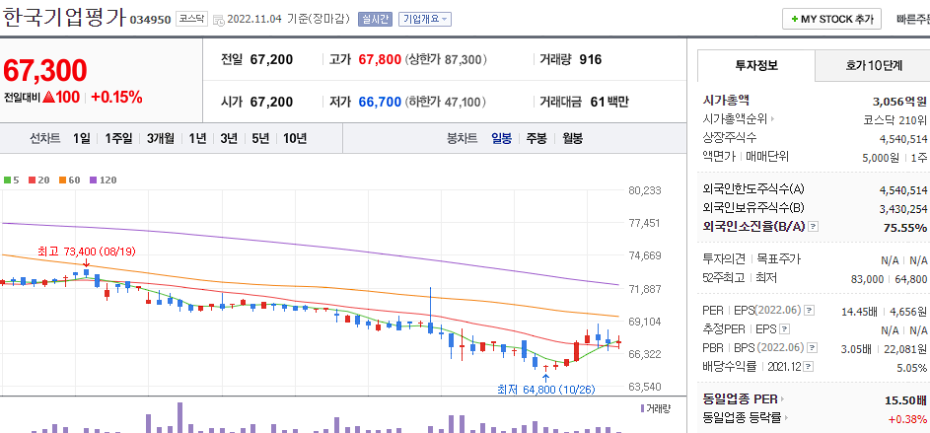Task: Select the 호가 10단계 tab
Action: pos(873,65)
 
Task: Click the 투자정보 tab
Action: pos(756,65)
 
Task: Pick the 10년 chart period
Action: pos(294,138)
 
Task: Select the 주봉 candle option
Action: pos(537,138)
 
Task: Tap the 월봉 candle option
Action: pos(573,138)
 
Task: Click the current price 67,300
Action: pos(45,70)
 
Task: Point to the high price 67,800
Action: pos(380,60)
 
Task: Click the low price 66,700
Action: pos(380,102)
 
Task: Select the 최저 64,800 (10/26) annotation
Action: pos(546,389)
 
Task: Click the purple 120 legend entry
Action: pos(103,180)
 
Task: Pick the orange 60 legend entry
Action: pos(71,180)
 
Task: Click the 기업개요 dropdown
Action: pos(425,19)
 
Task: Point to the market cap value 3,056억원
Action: pos(899,101)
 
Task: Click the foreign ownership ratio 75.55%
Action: pos(905,228)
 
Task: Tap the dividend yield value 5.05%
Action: pos(911,366)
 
